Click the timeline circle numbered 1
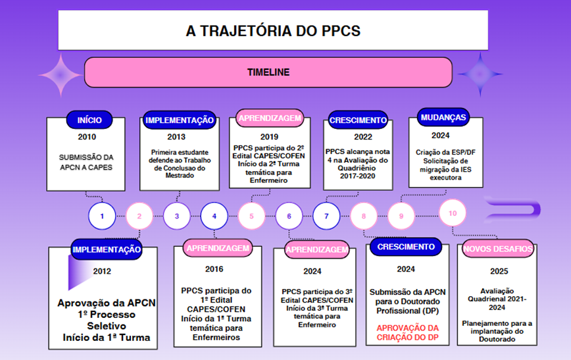[x=102, y=216]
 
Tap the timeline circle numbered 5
[x=251, y=216]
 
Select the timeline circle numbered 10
[x=453, y=213]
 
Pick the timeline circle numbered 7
[x=326, y=216]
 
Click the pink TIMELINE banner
[x=268, y=72]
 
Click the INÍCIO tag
[x=89, y=120]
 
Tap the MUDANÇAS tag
[x=443, y=117]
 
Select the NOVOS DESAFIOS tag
[x=498, y=249]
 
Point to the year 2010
[x=87, y=137]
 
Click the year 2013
[x=176, y=137]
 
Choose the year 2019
[x=269, y=137]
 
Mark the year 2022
[x=363, y=137]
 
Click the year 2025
[x=499, y=271]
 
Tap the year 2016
[x=214, y=269]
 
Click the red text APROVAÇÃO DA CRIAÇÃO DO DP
[x=407, y=332]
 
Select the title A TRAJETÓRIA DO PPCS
[x=273, y=31]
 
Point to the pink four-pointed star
[x=61, y=74]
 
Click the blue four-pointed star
[x=480, y=74]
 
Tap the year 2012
[x=102, y=271]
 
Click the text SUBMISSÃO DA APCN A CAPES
[x=86, y=162]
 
